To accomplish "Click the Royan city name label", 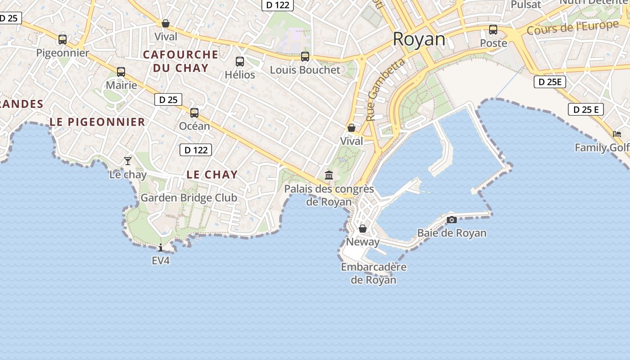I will (419, 40).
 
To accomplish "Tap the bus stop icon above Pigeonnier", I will (63, 40).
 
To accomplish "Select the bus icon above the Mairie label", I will (121, 72).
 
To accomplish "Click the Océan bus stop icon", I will (194, 112).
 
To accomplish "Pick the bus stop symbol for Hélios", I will (240, 61).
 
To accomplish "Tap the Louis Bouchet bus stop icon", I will (305, 57).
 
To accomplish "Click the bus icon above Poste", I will (493, 30).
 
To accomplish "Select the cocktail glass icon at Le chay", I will (128, 161).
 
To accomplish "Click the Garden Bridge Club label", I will (189, 198).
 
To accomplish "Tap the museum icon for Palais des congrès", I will (329, 175).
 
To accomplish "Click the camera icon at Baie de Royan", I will (452, 220).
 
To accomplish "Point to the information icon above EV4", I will (161, 247).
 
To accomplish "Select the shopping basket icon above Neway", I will (363, 229).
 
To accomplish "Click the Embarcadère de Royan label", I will (373, 273).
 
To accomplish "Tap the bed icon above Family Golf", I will (617, 134).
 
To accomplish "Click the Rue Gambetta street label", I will (385, 90).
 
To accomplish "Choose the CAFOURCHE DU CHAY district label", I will (180, 61).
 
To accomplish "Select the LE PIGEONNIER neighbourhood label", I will (97, 122).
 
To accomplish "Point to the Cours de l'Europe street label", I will (572, 27).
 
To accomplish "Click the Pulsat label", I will (526, 5).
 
